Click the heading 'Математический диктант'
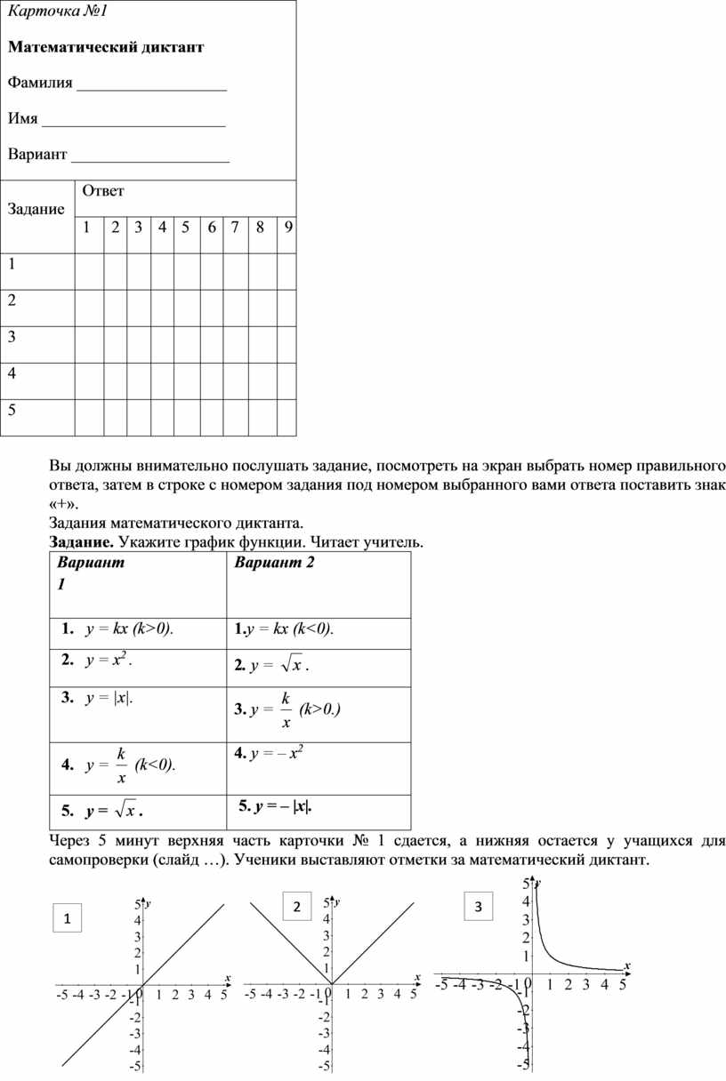[106, 47]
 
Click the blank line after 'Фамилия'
[151, 88]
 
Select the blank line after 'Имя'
[133, 124]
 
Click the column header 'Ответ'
[102, 190]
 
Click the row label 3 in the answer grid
[12, 337]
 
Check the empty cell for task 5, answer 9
[286, 417]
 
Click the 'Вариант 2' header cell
[275, 564]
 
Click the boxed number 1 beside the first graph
[67, 918]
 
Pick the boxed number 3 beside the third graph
[478, 907]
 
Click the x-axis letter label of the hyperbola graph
[626, 965]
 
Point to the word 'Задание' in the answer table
[36, 210]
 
